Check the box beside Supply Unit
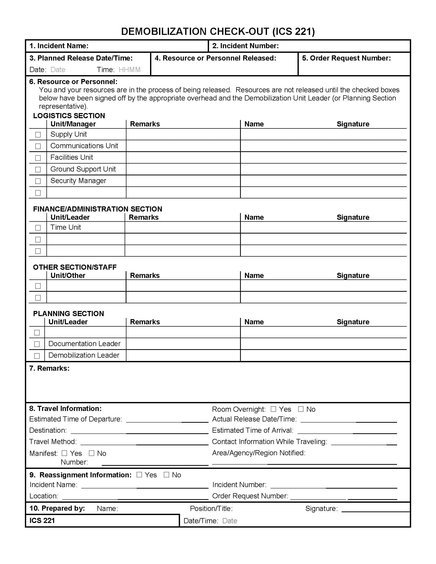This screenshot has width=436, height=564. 38,135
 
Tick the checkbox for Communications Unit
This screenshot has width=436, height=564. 38,146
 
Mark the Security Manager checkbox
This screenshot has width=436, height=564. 38,181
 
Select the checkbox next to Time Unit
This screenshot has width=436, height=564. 38,228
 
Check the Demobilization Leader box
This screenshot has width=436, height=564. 37,356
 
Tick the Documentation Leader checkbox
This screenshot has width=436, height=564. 37,344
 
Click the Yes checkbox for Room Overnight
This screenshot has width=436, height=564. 273,409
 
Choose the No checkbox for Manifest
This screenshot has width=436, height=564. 92,453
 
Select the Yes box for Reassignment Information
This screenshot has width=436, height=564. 139,475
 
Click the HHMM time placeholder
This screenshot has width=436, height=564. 130,70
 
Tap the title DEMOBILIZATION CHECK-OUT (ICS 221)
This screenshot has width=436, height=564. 218,32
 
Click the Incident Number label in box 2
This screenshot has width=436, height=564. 245,46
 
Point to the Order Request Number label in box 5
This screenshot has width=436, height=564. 346,58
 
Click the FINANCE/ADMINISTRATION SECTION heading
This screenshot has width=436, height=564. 98,209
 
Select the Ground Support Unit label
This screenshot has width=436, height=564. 83,169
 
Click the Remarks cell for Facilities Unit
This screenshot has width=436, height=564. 183,157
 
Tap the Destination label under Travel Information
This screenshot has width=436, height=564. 48,430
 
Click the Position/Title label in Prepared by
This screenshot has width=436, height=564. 211,508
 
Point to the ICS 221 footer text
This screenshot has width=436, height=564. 42,520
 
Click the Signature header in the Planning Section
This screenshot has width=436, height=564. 353,322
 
